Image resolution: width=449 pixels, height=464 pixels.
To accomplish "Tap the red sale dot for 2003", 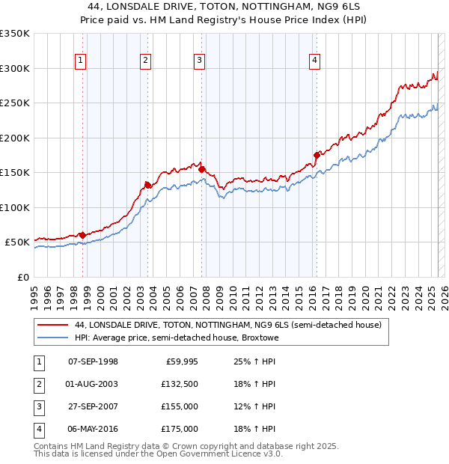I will point(147,185).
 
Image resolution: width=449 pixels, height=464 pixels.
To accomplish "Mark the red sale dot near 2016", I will point(317,155).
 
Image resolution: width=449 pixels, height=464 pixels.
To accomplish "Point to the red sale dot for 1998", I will point(82,235).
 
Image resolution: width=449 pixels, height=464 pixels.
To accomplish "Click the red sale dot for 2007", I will point(202,169).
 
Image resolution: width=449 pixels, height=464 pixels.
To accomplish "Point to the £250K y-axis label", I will point(14,103).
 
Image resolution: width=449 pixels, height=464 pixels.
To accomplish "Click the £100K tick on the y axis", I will point(14,207).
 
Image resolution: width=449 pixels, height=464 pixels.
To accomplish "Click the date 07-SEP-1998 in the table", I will point(93,361).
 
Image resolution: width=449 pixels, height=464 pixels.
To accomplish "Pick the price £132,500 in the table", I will point(180,384).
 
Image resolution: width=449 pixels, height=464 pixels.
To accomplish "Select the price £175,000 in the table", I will point(180,429).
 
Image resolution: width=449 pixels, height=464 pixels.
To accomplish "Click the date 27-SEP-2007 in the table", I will point(93,406).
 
